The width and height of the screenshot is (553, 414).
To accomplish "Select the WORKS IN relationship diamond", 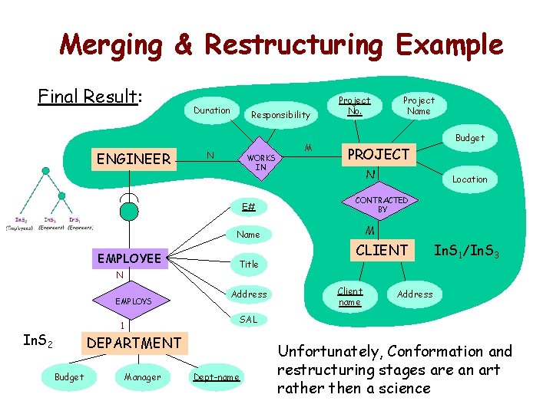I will pyautogui.click(x=260, y=162).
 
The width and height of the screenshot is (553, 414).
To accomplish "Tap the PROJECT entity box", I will pyautogui.click(x=379, y=154).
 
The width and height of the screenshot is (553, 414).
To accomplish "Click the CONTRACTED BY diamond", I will pyautogui.click(x=382, y=205).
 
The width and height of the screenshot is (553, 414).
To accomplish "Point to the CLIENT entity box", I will pyautogui.click(x=381, y=250).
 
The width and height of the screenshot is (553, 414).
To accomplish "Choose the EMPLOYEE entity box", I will pyautogui.click(x=129, y=258).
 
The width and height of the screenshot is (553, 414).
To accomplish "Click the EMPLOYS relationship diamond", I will pyautogui.click(x=133, y=301).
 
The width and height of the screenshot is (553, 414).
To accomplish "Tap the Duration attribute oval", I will pyautogui.click(x=211, y=110).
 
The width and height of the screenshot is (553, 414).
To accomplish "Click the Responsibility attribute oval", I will pyautogui.click(x=280, y=115).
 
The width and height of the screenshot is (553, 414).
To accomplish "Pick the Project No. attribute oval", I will pyautogui.click(x=354, y=105).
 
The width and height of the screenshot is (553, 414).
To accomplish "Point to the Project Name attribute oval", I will pyautogui.click(x=419, y=105).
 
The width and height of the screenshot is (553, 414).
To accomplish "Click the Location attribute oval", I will pyautogui.click(x=469, y=179).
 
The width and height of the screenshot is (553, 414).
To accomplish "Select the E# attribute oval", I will pyautogui.click(x=248, y=206).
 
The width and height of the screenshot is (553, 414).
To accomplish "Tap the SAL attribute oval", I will pyautogui.click(x=249, y=319).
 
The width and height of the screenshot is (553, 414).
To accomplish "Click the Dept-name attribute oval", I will pyautogui.click(x=216, y=376).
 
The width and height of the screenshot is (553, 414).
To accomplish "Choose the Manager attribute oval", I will pyautogui.click(x=142, y=376).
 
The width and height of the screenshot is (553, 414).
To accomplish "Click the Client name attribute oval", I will pyautogui.click(x=350, y=296).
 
